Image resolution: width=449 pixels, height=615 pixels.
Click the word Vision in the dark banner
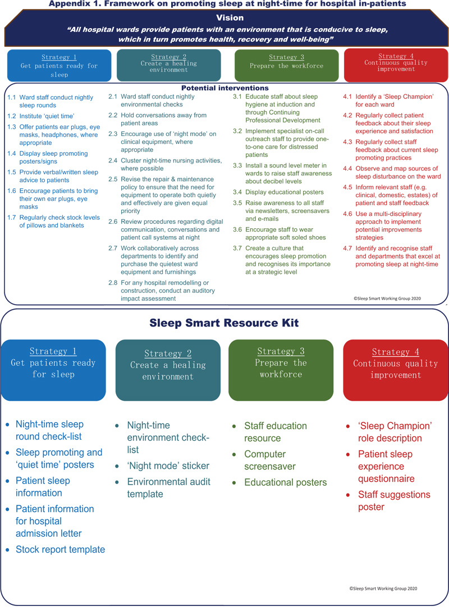(230, 17)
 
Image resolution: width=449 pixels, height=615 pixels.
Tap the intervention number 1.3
(12, 127)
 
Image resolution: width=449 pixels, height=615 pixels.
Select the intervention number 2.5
(113, 179)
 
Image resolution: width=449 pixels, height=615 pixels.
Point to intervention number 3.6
(237, 229)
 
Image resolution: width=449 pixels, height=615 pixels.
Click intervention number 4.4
(347, 169)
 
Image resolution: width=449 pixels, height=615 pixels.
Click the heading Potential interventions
(224, 88)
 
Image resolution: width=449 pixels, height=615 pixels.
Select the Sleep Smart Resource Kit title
(224, 323)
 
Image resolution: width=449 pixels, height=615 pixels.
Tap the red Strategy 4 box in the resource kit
(396, 370)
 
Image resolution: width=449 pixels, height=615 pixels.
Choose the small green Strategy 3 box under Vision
(287, 66)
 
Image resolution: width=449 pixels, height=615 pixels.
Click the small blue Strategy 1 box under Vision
(59, 66)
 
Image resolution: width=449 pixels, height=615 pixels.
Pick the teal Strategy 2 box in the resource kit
(168, 370)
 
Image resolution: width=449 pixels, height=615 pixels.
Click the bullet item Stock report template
(60, 549)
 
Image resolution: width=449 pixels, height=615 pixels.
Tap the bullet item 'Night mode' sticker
(168, 466)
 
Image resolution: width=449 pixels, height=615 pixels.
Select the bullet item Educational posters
(285, 482)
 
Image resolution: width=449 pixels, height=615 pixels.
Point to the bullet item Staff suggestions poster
(394, 501)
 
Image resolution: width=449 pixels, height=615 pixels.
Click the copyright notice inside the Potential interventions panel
(387, 299)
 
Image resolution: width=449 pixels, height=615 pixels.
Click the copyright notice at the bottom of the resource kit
(383, 589)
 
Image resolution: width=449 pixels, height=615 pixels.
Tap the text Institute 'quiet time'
(47, 116)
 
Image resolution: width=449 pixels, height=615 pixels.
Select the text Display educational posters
(285, 192)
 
